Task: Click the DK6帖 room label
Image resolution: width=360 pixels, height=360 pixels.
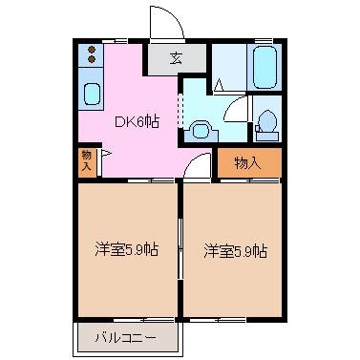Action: (x=138, y=121)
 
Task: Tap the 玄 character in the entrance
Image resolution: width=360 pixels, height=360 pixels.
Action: (x=176, y=58)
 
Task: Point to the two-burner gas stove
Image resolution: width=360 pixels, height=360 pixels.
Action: (x=91, y=54)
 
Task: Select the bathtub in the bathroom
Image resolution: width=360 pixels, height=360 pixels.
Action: (x=264, y=66)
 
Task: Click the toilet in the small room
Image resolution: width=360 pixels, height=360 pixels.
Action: (x=266, y=123)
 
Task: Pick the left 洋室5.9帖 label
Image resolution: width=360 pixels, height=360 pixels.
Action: (x=126, y=250)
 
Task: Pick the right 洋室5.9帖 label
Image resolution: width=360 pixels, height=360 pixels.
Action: (x=234, y=250)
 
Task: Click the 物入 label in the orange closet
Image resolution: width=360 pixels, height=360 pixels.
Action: (x=247, y=162)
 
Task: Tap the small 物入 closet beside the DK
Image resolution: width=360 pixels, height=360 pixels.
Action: (x=87, y=160)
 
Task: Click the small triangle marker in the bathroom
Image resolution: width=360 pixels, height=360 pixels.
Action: (x=220, y=86)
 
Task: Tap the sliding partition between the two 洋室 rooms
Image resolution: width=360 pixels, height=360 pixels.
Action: (x=180, y=250)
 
